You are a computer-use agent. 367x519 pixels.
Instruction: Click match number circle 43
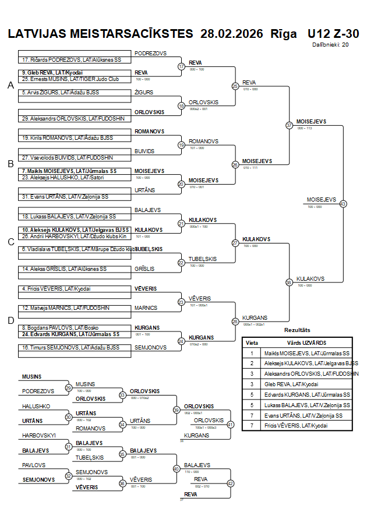point(343,204)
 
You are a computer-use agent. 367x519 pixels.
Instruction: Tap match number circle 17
point(181,66)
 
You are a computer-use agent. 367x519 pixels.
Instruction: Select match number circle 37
point(289,125)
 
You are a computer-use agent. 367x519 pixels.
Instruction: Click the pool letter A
point(10,86)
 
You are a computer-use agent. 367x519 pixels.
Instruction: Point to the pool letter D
point(10,320)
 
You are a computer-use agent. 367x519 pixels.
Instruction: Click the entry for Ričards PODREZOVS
point(71,60)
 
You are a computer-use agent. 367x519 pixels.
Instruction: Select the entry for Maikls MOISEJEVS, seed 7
point(69,171)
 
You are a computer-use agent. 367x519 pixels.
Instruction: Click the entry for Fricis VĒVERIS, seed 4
point(57,288)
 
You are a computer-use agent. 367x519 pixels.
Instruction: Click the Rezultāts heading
point(297,330)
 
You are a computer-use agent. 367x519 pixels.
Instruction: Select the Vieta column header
point(252,343)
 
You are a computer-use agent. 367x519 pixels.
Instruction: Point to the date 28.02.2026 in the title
point(231,33)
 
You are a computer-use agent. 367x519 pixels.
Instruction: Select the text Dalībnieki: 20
point(330,44)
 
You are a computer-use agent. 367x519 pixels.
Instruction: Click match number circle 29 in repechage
point(69,388)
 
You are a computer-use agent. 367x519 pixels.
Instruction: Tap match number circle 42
point(230,483)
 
